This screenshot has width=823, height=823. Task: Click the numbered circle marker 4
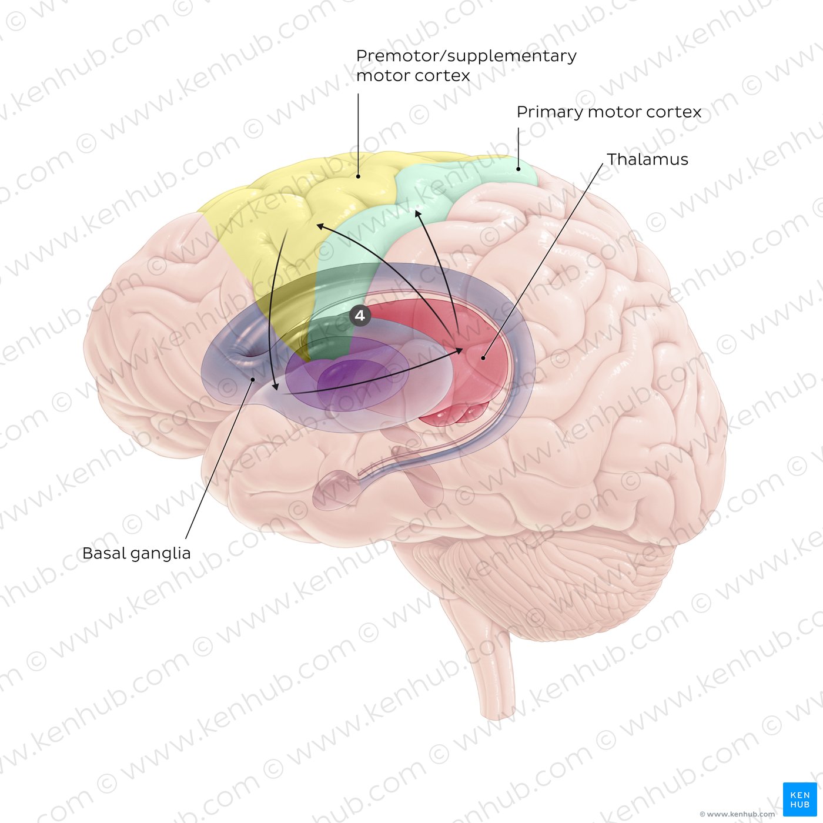coord(360,316)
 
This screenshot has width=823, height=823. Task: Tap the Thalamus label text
coord(647,159)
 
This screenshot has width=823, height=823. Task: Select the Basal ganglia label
coord(136,554)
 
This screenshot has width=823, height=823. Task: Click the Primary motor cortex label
coord(609,112)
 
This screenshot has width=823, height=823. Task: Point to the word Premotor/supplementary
coord(466,56)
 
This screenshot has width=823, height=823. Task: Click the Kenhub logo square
coord(799,799)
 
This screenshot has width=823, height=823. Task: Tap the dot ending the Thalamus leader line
coord(483,358)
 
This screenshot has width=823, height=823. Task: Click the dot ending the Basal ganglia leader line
coord(253,379)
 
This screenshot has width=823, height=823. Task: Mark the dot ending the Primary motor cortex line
coord(518,169)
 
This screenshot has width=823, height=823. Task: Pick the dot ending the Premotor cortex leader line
coord(359,176)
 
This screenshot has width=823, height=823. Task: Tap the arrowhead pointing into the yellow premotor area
coord(319,226)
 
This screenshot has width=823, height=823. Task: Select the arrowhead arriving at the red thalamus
coord(460,350)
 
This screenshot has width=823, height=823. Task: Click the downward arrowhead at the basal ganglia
coord(276,386)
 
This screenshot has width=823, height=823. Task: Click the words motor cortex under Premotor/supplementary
coord(413,76)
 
